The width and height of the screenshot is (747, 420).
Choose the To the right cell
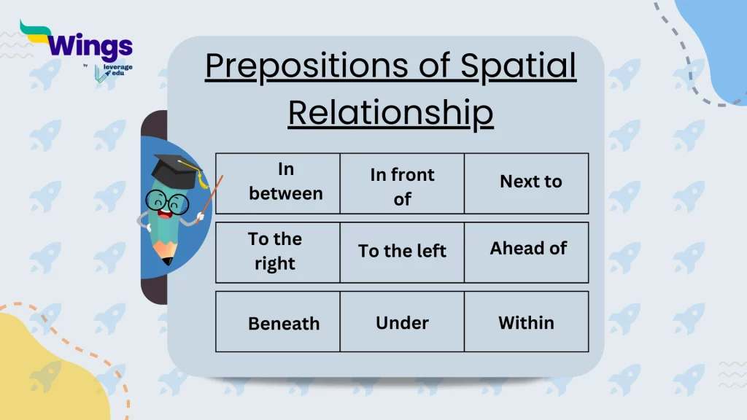pos(274,252)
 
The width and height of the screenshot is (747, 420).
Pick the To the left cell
pos(402,252)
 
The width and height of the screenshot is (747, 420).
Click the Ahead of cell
pos(528,249)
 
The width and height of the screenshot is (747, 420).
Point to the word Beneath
pos(284,324)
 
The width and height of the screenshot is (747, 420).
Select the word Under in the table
pos(402,322)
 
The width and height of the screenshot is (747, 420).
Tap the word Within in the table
pos(526,322)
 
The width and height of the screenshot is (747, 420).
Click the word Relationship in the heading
pos(390,114)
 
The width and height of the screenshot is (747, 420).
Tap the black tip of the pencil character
pos(168,260)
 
